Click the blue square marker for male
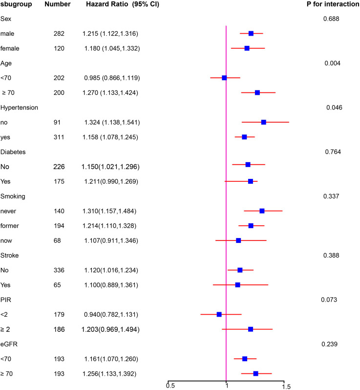pyautogui.click(x=251, y=33)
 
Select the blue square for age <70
pyautogui.click(x=224, y=78)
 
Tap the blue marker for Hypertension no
pyautogui.click(x=264, y=122)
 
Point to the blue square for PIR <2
pyautogui.click(x=219, y=314)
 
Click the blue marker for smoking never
pyautogui.click(x=262, y=211)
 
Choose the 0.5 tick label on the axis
pyautogui.click(x=170, y=386)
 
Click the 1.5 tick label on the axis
pyautogui.click(x=286, y=386)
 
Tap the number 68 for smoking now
pyautogui.click(x=59, y=240)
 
